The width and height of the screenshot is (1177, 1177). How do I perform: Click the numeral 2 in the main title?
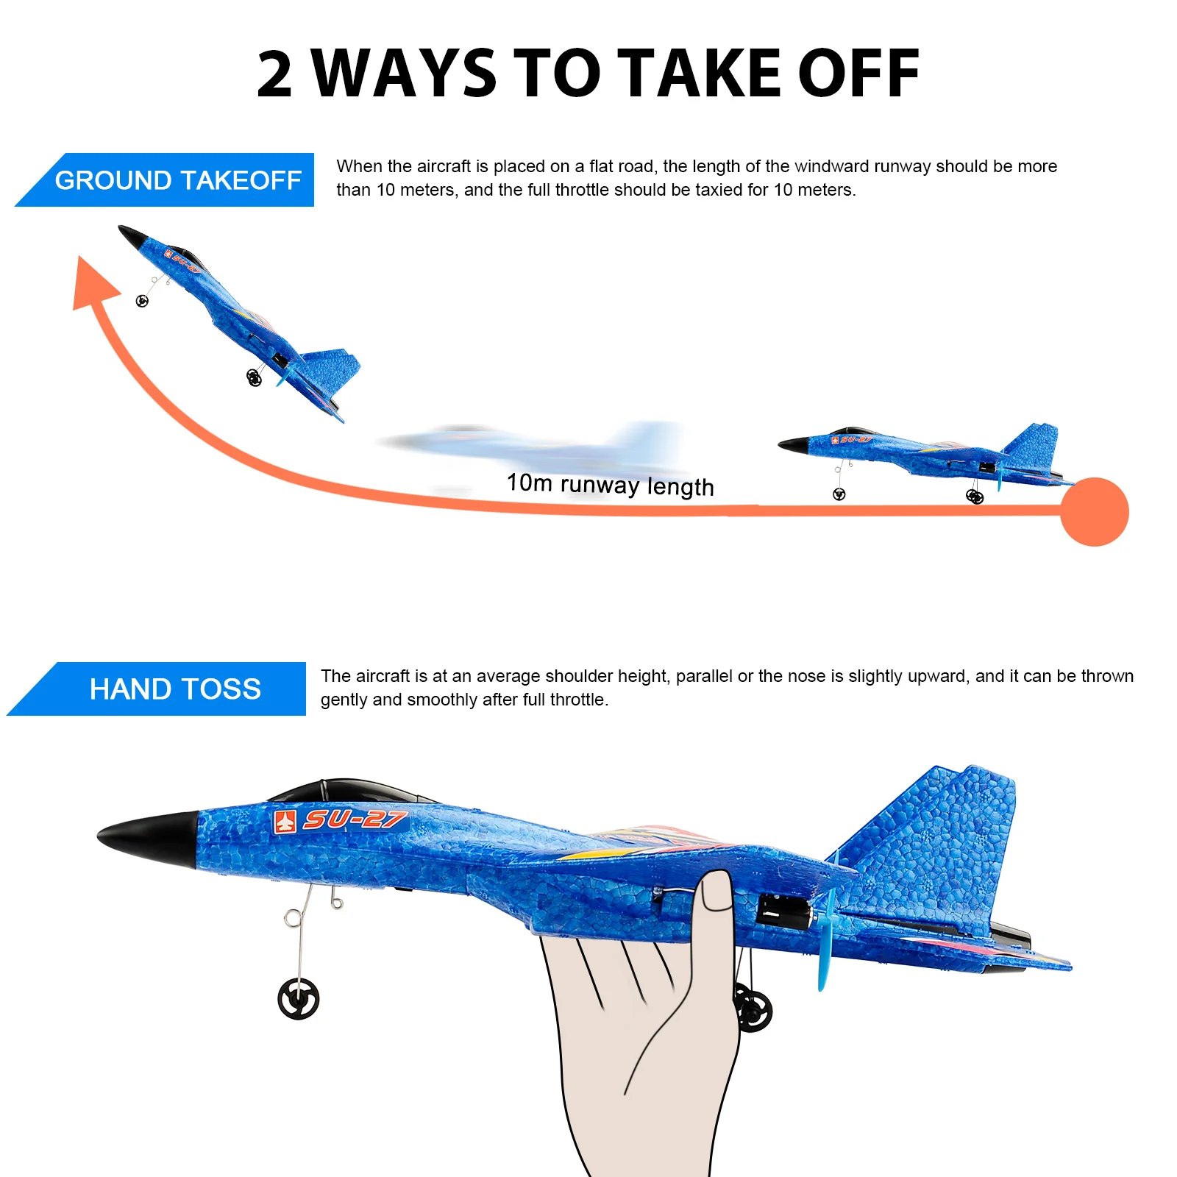(x=275, y=74)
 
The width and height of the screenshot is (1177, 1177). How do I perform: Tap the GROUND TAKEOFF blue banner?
(x=177, y=180)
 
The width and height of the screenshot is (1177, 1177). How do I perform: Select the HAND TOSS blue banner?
(x=174, y=689)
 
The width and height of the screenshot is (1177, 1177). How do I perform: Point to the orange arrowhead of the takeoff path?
(x=93, y=283)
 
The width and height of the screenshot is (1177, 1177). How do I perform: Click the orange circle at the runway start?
(x=1095, y=512)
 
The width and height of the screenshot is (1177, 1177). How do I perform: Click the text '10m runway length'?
(x=610, y=485)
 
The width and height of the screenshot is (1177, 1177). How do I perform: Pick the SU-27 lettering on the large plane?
(x=355, y=819)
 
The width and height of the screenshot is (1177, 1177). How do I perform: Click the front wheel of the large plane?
(x=299, y=999)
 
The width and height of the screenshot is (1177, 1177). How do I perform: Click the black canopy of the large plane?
(x=346, y=792)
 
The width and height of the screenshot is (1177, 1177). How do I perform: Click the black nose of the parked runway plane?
(x=793, y=445)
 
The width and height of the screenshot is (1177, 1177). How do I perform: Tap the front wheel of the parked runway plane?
(x=839, y=494)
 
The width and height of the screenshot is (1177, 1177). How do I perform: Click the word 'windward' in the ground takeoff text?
(x=826, y=166)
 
